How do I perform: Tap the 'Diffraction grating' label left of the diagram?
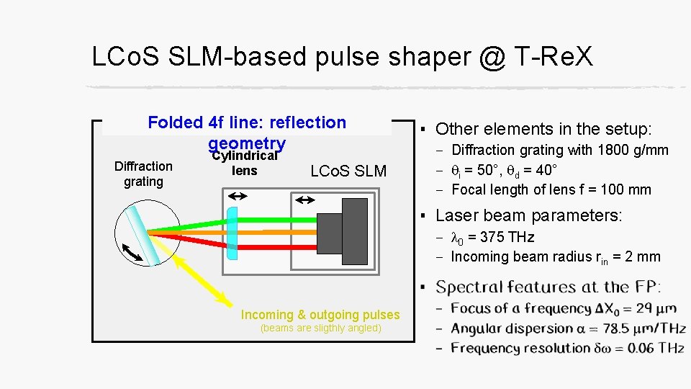tap(143, 174)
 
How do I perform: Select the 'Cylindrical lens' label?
tap(245, 164)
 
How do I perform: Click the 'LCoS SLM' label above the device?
tap(348, 171)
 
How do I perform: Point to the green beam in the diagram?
tap(274, 220)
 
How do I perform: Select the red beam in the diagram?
tap(274, 245)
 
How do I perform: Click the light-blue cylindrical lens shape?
tap(232, 232)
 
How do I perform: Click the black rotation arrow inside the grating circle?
tap(132, 253)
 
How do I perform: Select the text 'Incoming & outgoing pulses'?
tap(320, 315)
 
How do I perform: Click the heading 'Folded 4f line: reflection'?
tap(247, 122)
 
